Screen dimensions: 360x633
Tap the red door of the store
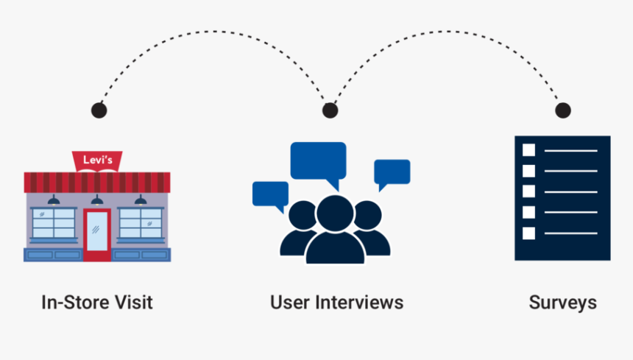pos(96,233)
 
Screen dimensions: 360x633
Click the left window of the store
pos(54,223)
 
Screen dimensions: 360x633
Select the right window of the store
pos(140,223)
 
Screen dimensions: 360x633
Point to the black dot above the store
pos(99,110)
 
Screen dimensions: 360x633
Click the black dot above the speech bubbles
pos(330,110)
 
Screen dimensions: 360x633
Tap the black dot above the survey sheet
pos(562,110)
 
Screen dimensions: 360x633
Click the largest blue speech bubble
pos(318,161)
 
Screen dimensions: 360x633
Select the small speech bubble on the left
pos(270,194)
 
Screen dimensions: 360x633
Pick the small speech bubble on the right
pos(392,172)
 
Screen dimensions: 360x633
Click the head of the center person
pos(335,213)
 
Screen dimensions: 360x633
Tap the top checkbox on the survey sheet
pos(528,150)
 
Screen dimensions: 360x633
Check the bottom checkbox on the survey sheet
pos(528,233)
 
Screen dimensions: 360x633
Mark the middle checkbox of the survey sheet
pos(528,191)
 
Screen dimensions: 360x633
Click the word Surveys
pos(562,303)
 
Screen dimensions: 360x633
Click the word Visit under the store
pos(133,303)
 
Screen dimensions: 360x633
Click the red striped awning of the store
pos(97,182)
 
